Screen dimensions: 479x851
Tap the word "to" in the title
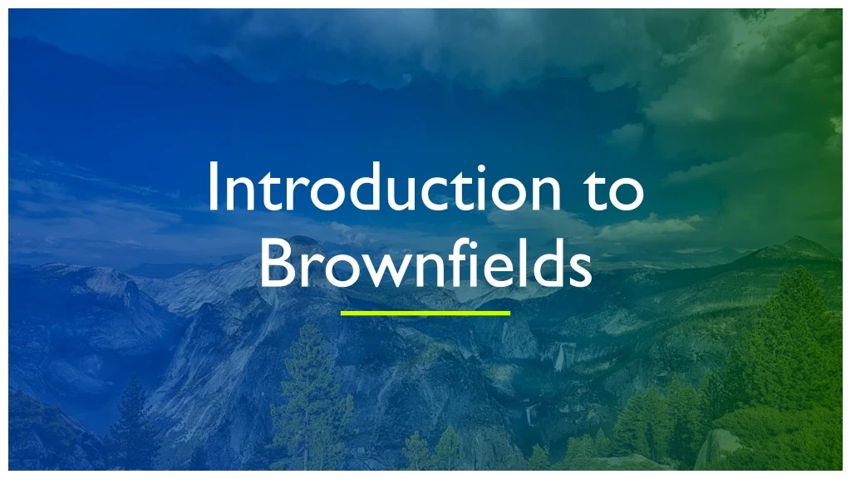click(x=610, y=190)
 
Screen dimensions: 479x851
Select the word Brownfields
click(x=425, y=264)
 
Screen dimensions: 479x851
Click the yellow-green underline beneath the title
click(x=425, y=314)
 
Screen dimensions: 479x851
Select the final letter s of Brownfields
click(x=580, y=270)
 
